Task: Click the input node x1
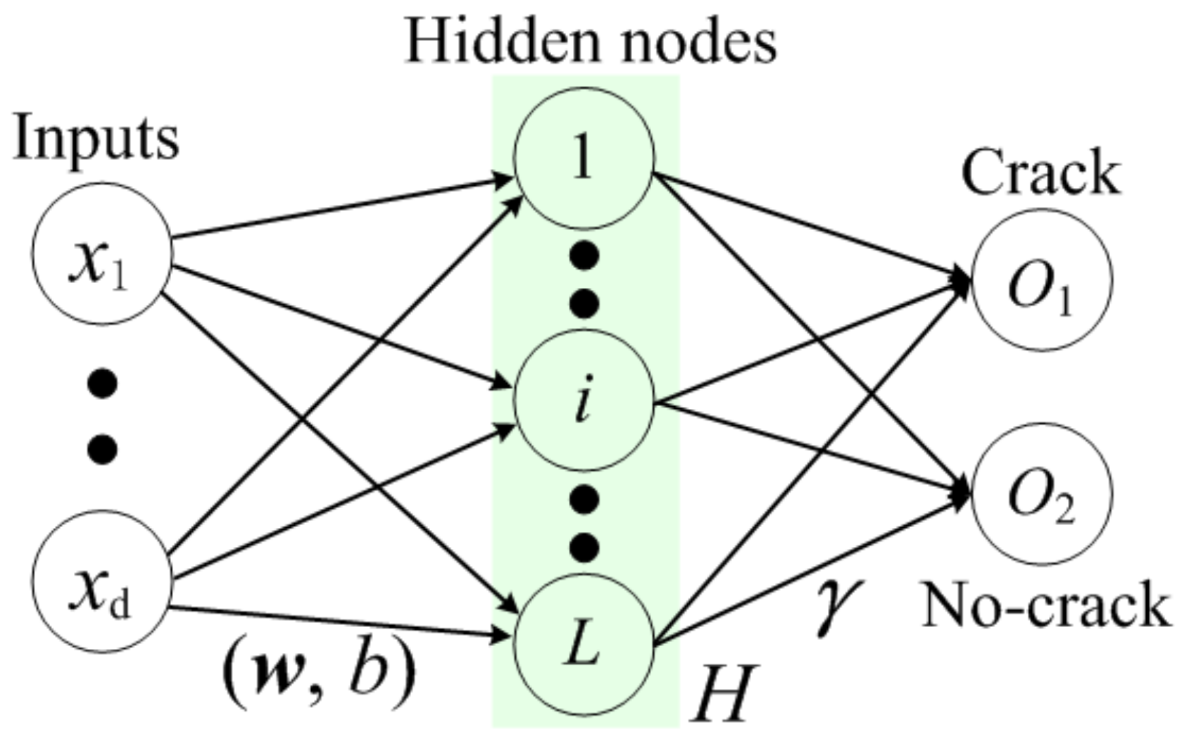(102, 253)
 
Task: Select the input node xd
(102, 581)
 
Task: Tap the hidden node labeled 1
(584, 158)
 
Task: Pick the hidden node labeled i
(584, 401)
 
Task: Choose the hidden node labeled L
(584, 644)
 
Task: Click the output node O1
(1042, 280)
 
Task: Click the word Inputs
(96, 139)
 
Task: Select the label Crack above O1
(1040, 172)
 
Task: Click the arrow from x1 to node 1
(338, 209)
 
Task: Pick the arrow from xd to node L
(338, 622)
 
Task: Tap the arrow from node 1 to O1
(810, 225)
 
